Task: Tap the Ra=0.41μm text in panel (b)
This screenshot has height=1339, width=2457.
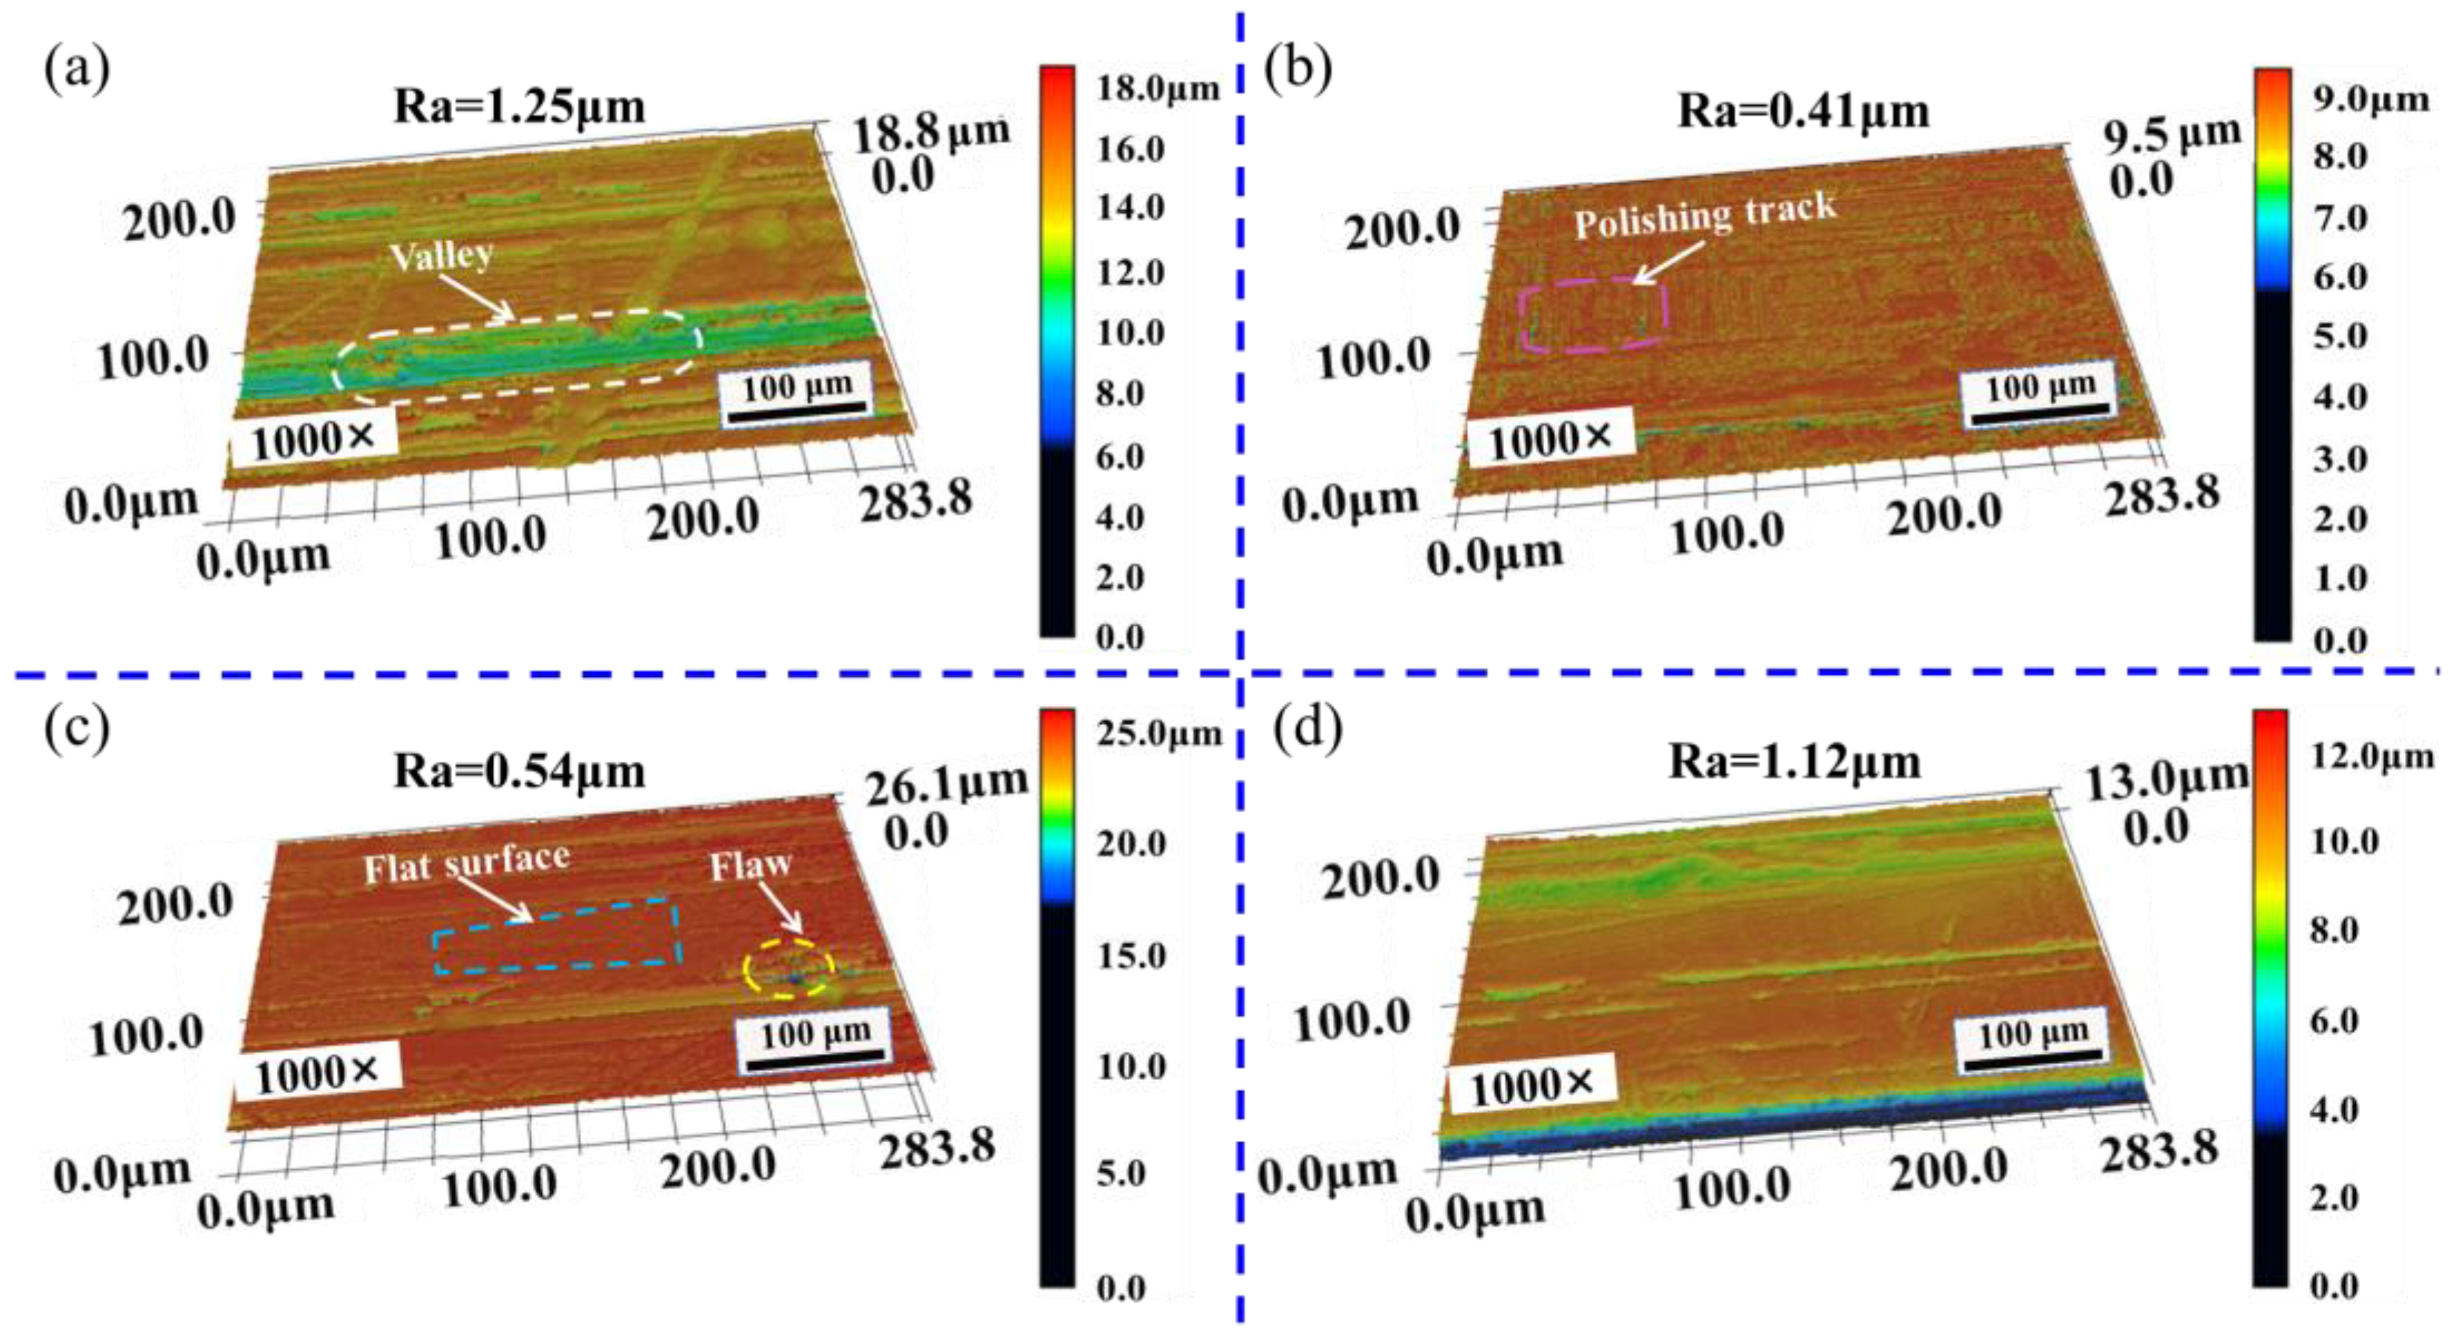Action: (x=1804, y=111)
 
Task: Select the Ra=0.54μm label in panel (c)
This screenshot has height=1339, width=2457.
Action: (x=520, y=771)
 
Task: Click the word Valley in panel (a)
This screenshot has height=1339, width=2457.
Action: (x=442, y=255)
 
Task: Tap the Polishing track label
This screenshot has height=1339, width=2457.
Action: (x=1705, y=215)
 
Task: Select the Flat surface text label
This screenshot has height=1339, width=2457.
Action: (x=468, y=864)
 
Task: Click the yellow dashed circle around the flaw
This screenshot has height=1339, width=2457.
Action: (x=790, y=969)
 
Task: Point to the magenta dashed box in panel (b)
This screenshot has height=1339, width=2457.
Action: (x=1593, y=315)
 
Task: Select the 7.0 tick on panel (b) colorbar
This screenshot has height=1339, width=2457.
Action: (x=2340, y=217)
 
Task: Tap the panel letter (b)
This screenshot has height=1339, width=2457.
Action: (x=1298, y=70)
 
